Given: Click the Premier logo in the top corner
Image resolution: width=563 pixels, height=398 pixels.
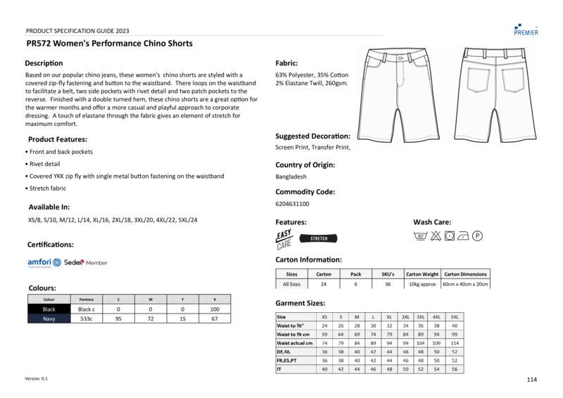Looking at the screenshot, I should (526, 29).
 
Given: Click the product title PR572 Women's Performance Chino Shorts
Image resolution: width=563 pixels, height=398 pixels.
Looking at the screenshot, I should (109, 44).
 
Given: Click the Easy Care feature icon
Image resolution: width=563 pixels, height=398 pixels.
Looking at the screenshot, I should (284, 239).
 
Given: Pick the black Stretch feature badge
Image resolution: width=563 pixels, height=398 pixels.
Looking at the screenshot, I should (319, 238).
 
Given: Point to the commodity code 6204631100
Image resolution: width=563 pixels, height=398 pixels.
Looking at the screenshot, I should (292, 204).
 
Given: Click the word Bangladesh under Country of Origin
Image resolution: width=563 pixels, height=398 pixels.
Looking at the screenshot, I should (291, 176).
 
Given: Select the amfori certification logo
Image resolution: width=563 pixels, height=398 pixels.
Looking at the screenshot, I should (44, 262).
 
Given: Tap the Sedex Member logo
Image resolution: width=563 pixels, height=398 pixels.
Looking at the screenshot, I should (85, 262).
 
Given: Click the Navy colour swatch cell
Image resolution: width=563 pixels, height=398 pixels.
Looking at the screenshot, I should (49, 319).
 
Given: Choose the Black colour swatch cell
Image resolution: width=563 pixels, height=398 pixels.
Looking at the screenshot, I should (49, 309).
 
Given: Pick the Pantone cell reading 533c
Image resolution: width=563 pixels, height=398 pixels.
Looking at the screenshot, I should (87, 319).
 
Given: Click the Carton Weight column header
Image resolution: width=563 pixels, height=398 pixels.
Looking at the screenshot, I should (422, 274).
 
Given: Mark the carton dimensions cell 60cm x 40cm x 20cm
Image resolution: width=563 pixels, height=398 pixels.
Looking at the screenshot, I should (464, 284).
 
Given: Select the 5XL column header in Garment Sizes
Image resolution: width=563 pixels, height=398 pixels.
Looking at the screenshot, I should (455, 317).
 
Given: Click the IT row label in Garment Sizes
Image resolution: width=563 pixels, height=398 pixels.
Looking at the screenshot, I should (279, 369).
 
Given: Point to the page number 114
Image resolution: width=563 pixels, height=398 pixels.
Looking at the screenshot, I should (531, 380).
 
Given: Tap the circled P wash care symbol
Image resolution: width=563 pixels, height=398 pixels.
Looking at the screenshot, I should (477, 236).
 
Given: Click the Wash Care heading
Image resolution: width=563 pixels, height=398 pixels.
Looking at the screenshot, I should (432, 222).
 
